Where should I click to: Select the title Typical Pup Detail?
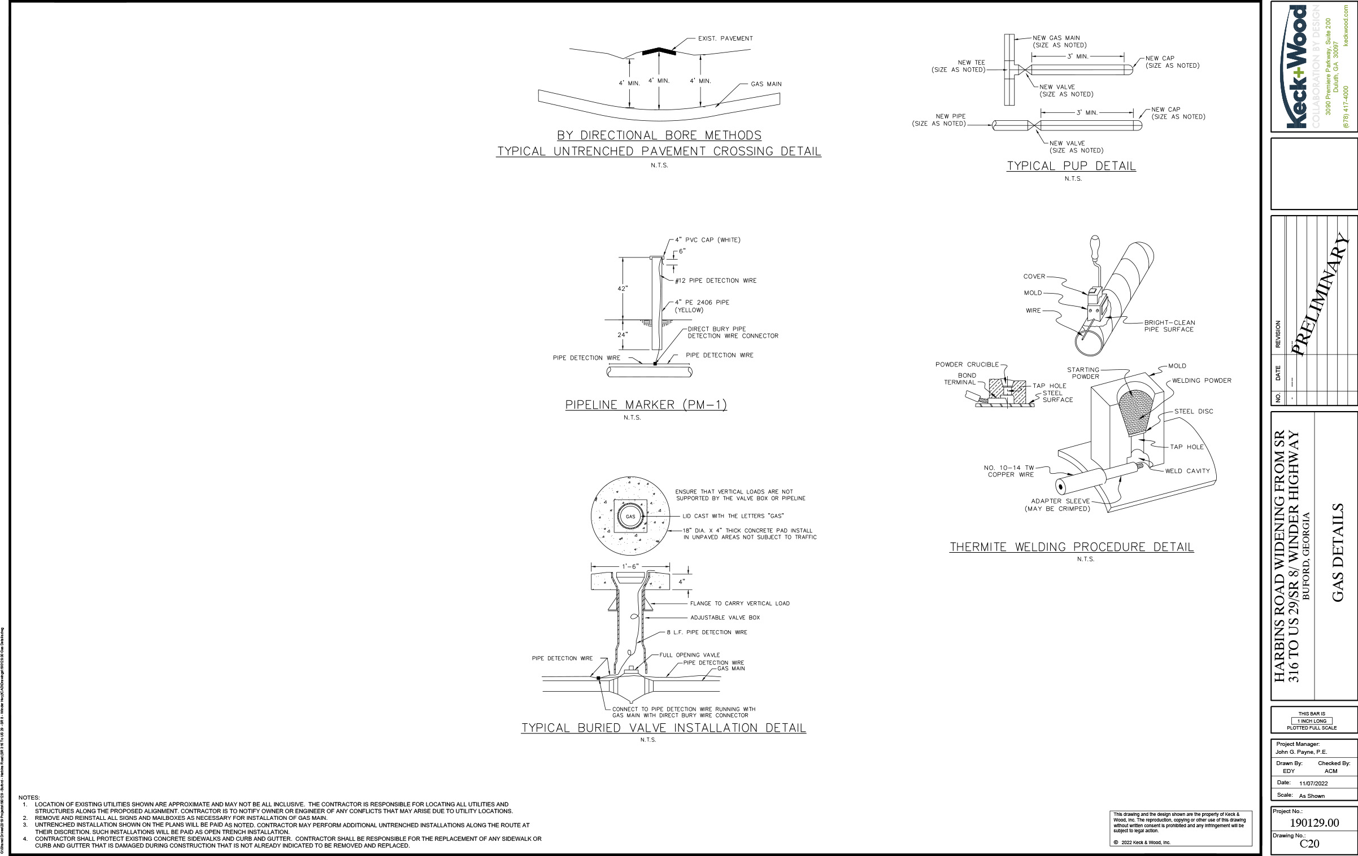(x=1071, y=166)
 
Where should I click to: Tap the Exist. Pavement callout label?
(x=725, y=38)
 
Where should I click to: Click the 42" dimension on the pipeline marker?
(x=623, y=289)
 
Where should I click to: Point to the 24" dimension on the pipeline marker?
(x=623, y=335)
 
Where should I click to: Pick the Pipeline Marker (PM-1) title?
(x=646, y=405)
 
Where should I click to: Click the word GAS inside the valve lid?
(x=630, y=517)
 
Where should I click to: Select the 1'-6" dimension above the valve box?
(x=630, y=566)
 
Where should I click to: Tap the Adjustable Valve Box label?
(x=725, y=618)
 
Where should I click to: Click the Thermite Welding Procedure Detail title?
(x=1072, y=547)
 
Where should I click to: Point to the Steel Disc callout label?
(x=1194, y=412)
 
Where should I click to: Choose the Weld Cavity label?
(x=1187, y=471)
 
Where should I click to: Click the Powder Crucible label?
(x=967, y=365)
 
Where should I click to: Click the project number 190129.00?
(x=1314, y=823)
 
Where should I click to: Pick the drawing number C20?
(x=1309, y=844)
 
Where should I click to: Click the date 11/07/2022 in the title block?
(x=1313, y=783)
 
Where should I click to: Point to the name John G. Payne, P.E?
(x=1301, y=752)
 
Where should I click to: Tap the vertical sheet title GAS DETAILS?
(x=1338, y=553)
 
